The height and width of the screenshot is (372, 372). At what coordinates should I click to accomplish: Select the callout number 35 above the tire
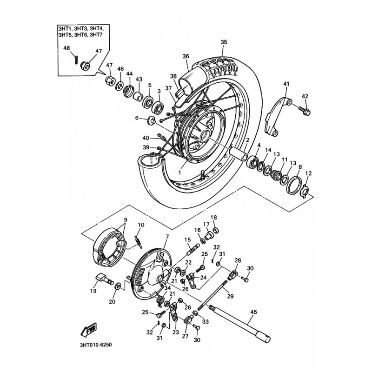(x=224, y=42)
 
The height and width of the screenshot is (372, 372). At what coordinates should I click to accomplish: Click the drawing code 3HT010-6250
(x=93, y=345)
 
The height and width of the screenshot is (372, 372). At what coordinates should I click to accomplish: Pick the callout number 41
(x=286, y=84)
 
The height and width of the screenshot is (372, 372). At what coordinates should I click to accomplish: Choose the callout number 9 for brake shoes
(x=125, y=220)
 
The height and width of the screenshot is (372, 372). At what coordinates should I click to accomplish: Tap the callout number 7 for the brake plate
(x=166, y=237)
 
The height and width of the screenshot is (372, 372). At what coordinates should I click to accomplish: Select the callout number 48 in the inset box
(x=66, y=48)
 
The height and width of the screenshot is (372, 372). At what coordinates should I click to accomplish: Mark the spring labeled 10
(x=137, y=239)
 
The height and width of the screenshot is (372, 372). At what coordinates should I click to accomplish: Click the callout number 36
(x=186, y=56)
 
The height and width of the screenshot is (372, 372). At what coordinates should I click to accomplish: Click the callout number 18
(x=214, y=218)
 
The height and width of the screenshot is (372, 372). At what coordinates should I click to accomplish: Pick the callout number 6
(x=137, y=118)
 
